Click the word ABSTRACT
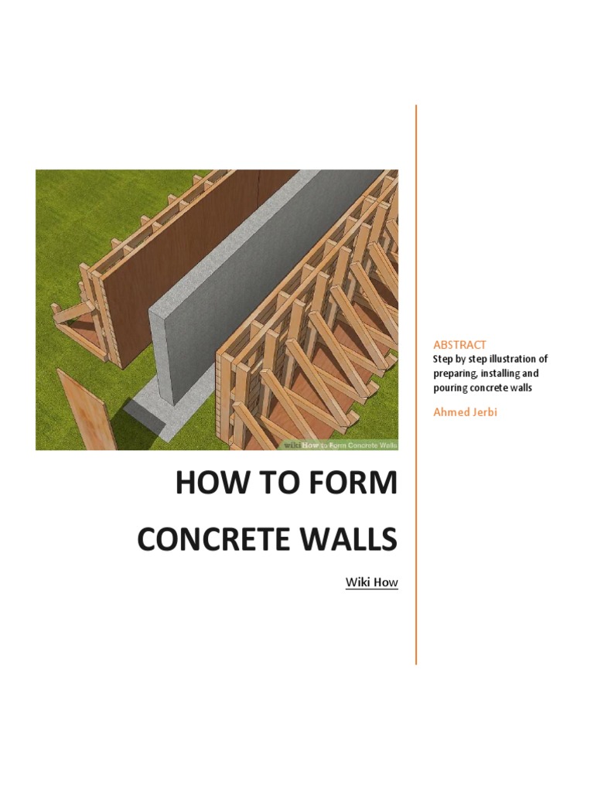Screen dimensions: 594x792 coord(459,345)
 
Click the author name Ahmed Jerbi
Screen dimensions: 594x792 coord(465,411)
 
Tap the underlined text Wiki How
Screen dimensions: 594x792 coord(371,582)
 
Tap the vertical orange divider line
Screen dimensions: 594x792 coord(416,387)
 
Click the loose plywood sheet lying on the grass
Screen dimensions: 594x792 coord(85,410)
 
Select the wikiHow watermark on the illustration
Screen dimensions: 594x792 coord(340,445)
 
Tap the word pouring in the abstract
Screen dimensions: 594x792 coord(449,387)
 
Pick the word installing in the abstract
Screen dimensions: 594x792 coord(504,374)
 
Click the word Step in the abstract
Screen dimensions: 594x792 coord(443,360)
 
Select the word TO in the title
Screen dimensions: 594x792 coord(276,484)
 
